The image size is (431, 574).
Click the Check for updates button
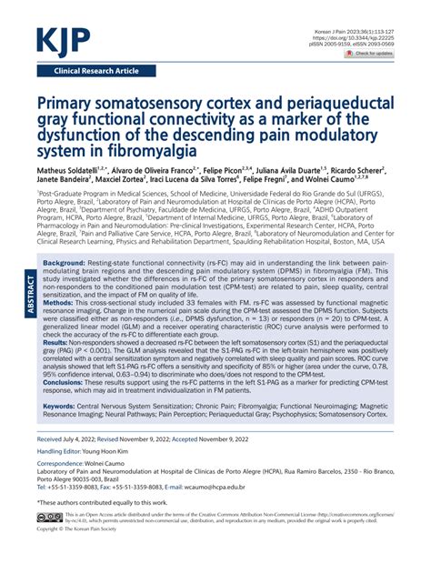(x=368, y=55)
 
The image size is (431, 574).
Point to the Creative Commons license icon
(x=49, y=540)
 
